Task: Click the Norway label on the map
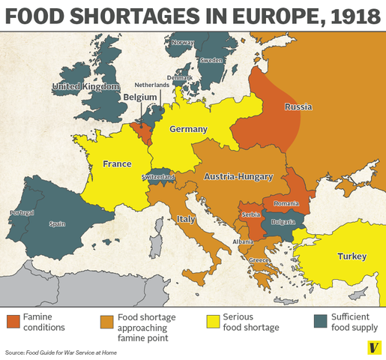point(183,43)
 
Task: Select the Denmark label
point(180,78)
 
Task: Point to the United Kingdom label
point(85,88)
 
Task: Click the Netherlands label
point(152,85)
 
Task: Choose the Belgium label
point(140,97)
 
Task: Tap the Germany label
point(188,130)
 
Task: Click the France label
point(117,164)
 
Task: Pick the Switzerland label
point(158,177)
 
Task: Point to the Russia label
point(298,107)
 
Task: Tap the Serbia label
point(251,215)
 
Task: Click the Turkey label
point(352,256)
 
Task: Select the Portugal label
point(22,213)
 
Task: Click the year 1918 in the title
point(337,17)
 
